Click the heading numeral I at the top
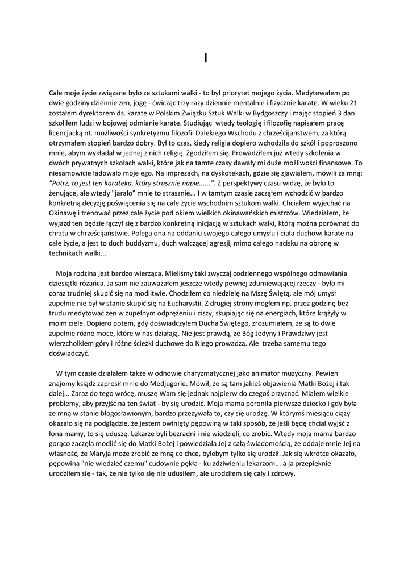pyautogui.click(x=206, y=57)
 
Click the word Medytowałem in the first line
pyautogui.click(x=318, y=93)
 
